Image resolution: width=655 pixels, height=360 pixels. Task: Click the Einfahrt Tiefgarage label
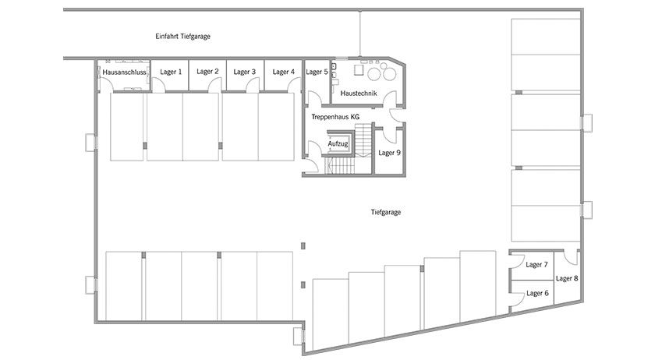182,37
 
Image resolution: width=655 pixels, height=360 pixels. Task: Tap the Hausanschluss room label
124,72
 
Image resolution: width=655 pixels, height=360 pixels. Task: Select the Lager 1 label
171,72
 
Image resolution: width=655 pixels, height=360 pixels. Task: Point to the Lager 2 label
207,72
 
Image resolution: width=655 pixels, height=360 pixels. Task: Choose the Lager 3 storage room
245,75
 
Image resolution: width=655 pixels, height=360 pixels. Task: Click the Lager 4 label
284,72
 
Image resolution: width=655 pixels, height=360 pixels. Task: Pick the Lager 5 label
317,72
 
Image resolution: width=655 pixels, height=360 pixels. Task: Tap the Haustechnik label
359,94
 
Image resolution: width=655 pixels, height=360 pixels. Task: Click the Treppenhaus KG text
335,117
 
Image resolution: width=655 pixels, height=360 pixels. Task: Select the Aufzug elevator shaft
338,143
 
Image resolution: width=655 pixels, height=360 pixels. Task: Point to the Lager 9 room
389,150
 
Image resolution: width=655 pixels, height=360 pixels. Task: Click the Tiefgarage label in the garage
385,212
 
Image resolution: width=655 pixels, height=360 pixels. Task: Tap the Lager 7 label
536,264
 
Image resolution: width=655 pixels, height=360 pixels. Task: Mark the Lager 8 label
567,278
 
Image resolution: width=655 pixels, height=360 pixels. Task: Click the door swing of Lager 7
517,260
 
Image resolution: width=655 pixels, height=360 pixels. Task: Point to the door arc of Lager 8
570,257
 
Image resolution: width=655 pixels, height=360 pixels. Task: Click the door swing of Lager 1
158,85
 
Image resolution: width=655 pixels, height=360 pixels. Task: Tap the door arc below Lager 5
314,97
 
